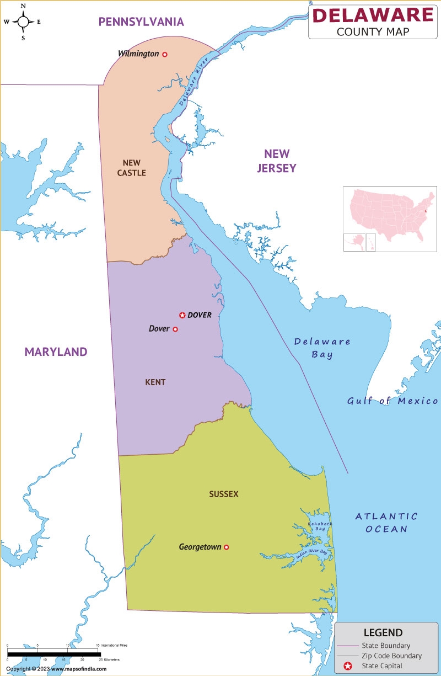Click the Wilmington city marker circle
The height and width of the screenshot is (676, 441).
coord(164,54)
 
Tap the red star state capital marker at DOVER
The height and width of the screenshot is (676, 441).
coord(182,315)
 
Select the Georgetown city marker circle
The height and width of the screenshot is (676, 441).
coord(226,547)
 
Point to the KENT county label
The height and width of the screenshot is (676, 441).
coord(155,382)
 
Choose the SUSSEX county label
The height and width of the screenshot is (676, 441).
coord(224,494)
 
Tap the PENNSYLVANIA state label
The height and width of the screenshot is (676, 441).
coord(141,22)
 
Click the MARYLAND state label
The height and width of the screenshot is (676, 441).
coord(56,352)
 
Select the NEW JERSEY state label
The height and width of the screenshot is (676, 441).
coord(277,161)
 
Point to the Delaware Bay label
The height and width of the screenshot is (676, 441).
coord(322,348)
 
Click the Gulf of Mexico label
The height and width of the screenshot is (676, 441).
coord(392,401)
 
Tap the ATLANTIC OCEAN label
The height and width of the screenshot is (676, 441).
coord(386,523)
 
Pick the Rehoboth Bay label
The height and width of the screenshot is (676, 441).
coord(317,526)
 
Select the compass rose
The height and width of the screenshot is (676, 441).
coord(23,22)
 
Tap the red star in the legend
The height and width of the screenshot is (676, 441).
coord(348,666)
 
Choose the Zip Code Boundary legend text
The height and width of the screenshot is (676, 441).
coord(391,656)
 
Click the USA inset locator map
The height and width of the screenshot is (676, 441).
coord(390,219)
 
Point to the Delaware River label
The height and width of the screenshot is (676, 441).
coord(191,85)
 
